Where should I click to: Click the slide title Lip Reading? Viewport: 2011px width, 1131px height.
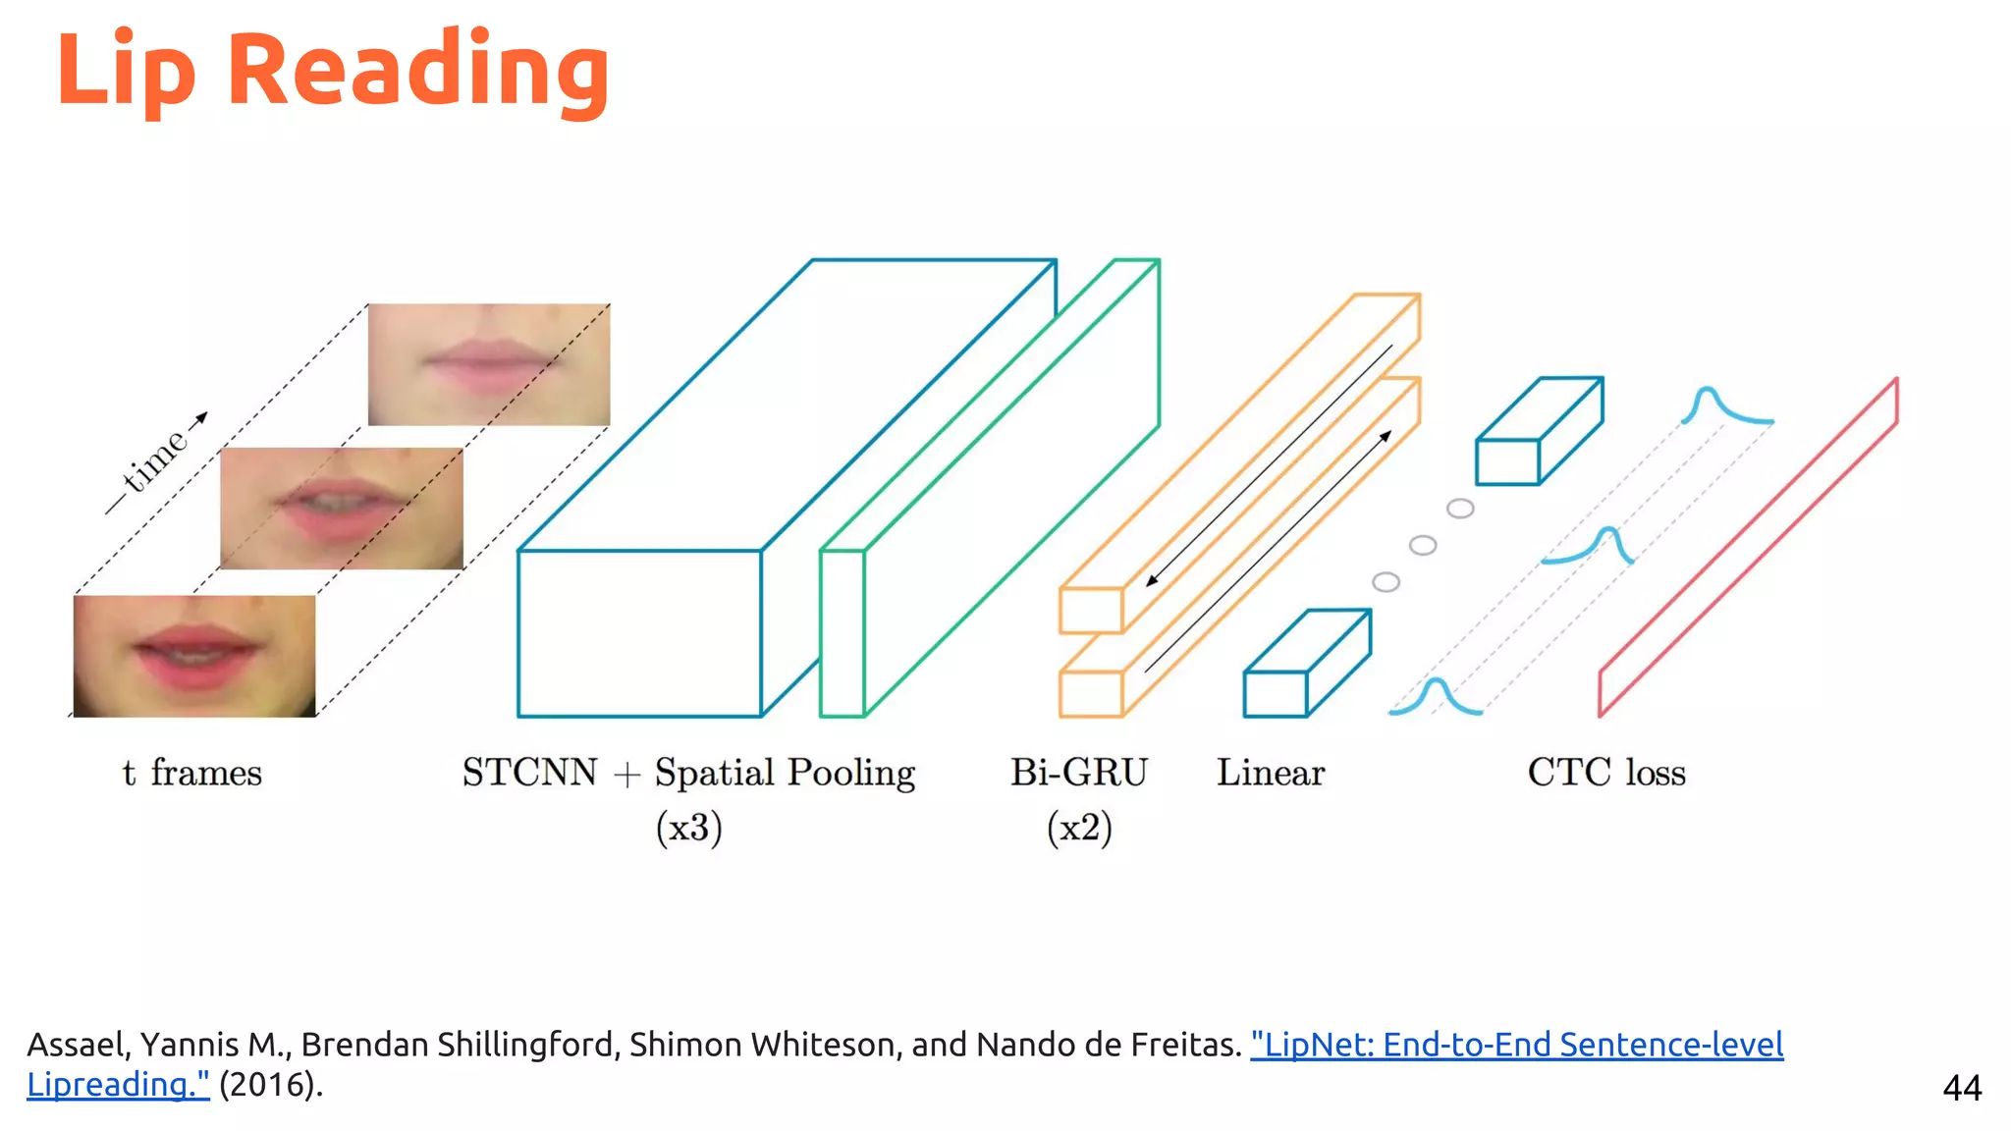point(333,71)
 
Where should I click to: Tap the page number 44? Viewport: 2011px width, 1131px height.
point(1962,1088)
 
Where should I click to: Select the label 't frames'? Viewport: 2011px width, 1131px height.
point(192,774)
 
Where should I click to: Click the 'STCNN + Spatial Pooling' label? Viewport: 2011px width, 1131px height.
point(688,774)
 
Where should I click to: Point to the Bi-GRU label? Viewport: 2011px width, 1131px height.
point(1079,774)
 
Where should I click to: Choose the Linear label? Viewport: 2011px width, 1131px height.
point(1271,774)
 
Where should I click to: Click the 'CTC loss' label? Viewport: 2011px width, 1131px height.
point(1606,774)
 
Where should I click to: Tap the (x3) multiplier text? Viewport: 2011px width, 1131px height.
point(688,828)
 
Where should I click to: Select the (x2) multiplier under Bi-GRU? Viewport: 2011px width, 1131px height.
point(1079,828)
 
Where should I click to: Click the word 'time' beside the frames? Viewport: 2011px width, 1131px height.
point(155,459)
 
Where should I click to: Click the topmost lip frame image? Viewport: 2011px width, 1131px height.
point(489,364)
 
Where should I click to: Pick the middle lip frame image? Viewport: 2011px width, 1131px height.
point(342,509)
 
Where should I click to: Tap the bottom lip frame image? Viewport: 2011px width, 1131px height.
point(194,656)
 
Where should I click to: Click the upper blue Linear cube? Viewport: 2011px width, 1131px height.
point(1539,432)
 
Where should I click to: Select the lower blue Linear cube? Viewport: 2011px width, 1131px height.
point(1306,665)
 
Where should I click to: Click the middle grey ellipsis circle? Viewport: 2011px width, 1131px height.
point(1423,546)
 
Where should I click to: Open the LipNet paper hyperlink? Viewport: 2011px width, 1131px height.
point(1516,1045)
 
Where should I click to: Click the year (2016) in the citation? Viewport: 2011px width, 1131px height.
point(269,1085)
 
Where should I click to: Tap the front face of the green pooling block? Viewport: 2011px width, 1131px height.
point(842,633)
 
